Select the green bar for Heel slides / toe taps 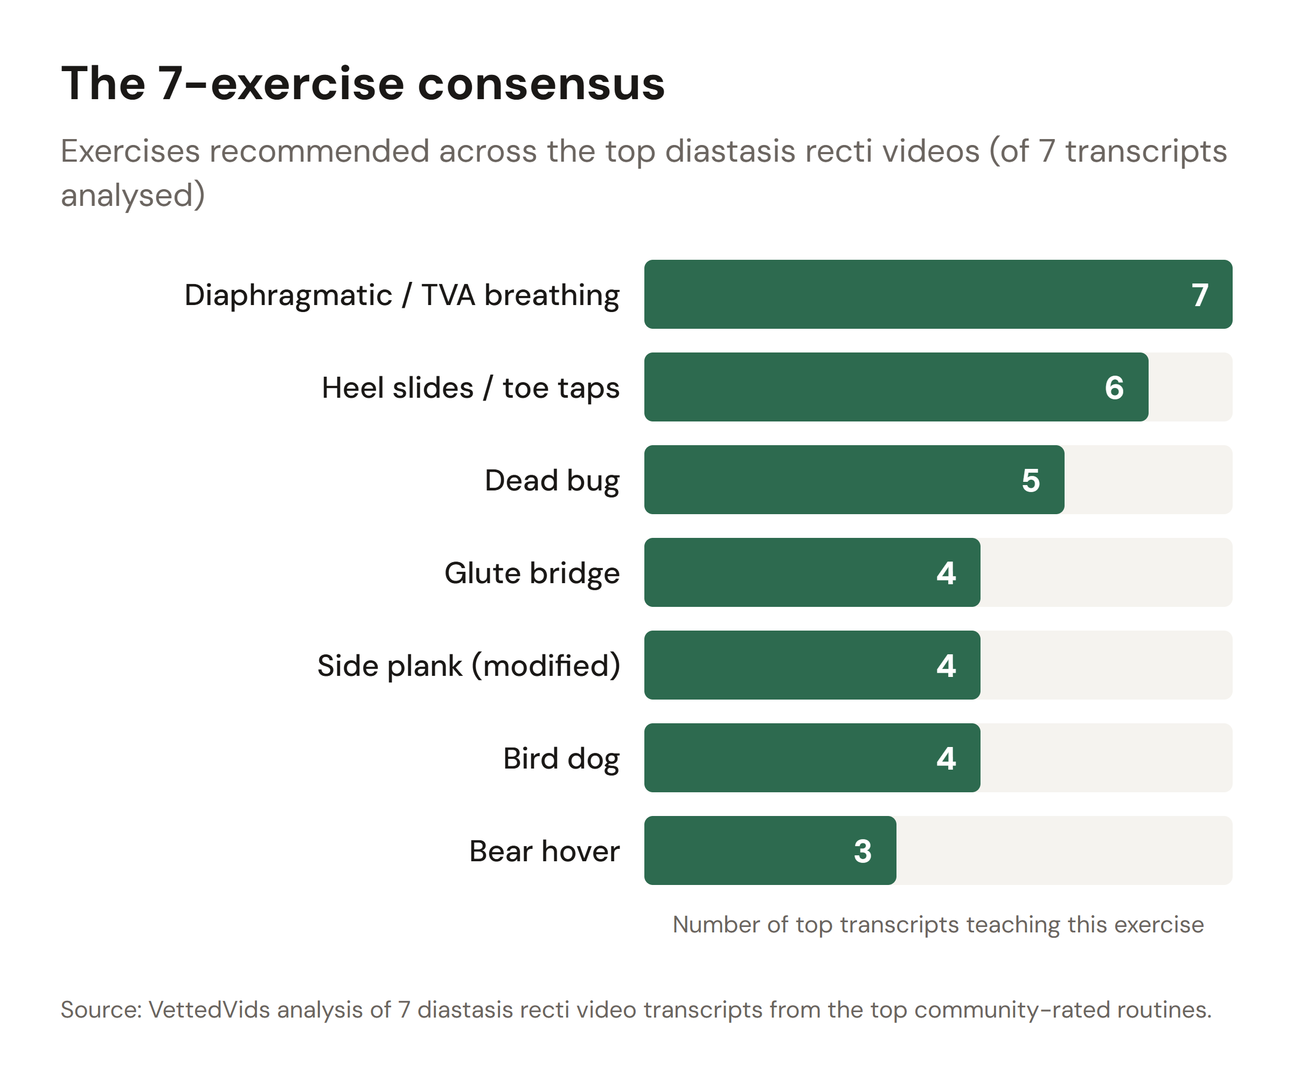(x=862, y=388)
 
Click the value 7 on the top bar (x=1199, y=295)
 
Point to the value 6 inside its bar (x=1114, y=388)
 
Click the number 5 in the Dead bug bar (x=1031, y=480)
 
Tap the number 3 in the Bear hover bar (x=863, y=851)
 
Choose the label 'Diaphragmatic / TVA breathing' (x=401, y=295)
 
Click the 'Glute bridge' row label (x=531, y=573)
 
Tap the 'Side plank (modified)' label (x=469, y=666)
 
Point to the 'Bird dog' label (x=561, y=759)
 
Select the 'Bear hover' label (x=544, y=851)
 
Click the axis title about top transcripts (x=938, y=924)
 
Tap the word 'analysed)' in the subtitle (x=133, y=195)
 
